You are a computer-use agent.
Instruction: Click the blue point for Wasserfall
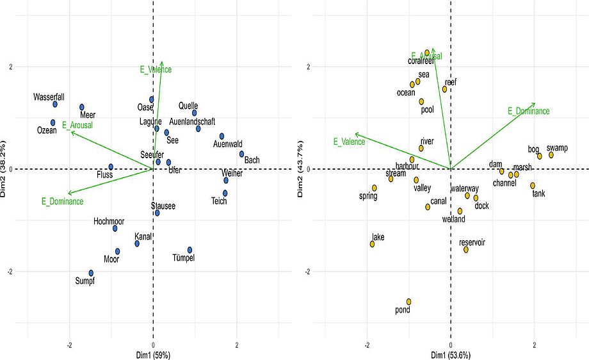click(x=55, y=104)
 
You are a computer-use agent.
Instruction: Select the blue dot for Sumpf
click(x=91, y=273)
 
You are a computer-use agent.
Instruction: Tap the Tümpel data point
click(x=190, y=250)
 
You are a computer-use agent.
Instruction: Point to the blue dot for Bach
click(x=241, y=154)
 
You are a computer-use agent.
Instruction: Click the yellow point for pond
click(x=408, y=302)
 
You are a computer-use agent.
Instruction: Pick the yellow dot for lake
click(x=372, y=244)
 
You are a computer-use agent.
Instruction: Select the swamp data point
click(x=551, y=155)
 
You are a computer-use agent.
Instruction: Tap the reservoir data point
click(x=466, y=249)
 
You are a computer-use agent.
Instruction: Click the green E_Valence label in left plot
click(x=156, y=69)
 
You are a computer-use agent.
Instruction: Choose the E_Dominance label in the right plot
click(x=528, y=111)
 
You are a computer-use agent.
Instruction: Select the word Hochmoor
click(x=109, y=221)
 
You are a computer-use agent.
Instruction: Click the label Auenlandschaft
click(x=192, y=122)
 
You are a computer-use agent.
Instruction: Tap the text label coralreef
click(x=421, y=61)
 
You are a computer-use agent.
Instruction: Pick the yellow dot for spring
click(x=375, y=188)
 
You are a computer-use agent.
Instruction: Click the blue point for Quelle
click(x=195, y=113)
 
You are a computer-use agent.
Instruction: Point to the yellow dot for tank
click(x=533, y=186)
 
